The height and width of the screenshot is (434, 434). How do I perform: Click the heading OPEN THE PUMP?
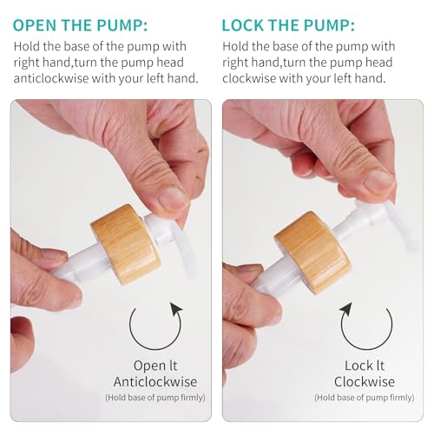pyautogui.click(x=80, y=25)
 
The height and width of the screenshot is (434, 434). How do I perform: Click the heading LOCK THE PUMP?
pyautogui.click(x=288, y=25)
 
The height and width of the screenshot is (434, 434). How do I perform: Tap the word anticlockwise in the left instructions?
pyautogui.click(x=50, y=78)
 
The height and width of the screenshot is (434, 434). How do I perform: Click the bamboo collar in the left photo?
pyautogui.click(x=126, y=245)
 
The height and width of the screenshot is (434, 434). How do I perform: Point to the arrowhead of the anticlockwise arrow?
pyautogui.click(x=175, y=310)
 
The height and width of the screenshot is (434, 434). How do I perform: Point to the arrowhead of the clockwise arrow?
pyautogui.click(x=345, y=310)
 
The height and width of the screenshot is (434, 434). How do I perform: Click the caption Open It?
pyautogui.click(x=155, y=365)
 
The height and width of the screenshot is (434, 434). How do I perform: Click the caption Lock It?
pyautogui.click(x=365, y=365)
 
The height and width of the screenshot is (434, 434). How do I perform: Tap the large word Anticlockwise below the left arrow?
pyautogui.click(x=155, y=382)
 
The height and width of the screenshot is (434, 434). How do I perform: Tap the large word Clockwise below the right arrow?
pyautogui.click(x=365, y=382)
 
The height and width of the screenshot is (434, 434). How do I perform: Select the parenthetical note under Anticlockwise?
pyautogui.click(x=155, y=398)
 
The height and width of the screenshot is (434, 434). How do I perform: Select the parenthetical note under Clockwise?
pyautogui.click(x=365, y=398)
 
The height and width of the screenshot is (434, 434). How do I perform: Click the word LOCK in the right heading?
pyautogui.click(x=244, y=25)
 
